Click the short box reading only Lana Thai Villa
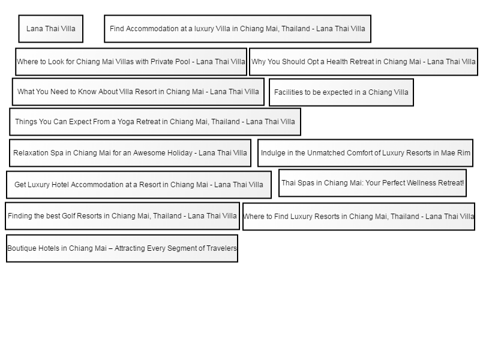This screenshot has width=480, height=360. pos(51,29)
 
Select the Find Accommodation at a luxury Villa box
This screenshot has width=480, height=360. pos(238,29)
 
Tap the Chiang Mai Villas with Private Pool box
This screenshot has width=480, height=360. pos(131,62)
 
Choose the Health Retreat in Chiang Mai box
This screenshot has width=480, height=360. pos(364,62)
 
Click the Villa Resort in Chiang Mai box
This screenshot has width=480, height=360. pos(138,92)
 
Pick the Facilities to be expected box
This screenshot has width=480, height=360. pos(341,92)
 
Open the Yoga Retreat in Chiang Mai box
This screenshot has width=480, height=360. pos(155,122)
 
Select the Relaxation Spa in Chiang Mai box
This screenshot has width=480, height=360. pos(130,153)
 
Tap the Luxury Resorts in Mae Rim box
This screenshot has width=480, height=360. pos(365,153)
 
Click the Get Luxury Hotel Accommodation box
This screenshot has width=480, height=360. pos(139,185)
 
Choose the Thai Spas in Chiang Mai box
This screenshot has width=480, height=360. pos(373,183)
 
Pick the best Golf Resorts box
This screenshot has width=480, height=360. pos(122,216)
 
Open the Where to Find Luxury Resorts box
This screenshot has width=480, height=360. pos(359,217)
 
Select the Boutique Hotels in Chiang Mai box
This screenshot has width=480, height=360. pos(122,248)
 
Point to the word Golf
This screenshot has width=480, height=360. pos(68,216)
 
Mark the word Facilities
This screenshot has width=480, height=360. pos(284,92)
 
